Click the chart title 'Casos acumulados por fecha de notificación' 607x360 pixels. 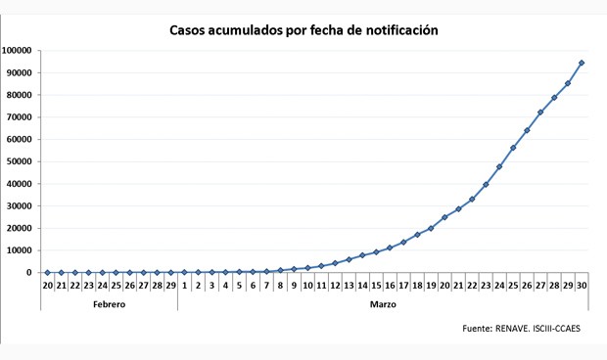tap(304, 30)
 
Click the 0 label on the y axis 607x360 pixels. tap(34, 273)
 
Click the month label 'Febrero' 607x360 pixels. tap(109, 304)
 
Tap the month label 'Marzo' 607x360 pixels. tap(383, 304)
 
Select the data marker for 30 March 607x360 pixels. tap(582, 63)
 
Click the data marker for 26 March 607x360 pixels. tap(527, 130)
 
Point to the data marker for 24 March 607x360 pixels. tap(499, 166)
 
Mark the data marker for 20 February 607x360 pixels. tap(47, 272)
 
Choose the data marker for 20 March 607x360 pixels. tap(444, 217)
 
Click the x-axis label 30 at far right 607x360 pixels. tap(582, 286)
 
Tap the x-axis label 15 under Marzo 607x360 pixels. tap(376, 286)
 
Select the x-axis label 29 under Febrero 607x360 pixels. tap(170, 286)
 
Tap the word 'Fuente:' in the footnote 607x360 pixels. tap(477, 329)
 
